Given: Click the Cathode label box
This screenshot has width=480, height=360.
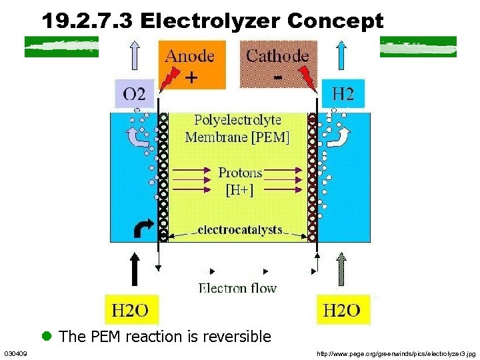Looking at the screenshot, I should (x=278, y=64).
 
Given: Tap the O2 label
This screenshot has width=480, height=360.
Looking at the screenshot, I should (x=138, y=94).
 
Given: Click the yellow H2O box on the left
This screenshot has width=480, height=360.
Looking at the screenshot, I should (x=131, y=309).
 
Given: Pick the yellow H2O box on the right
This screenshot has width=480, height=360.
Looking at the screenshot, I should (x=342, y=309).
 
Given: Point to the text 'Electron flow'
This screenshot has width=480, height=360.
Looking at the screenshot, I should (x=237, y=288).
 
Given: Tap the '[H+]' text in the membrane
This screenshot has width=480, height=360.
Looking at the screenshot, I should (x=239, y=189).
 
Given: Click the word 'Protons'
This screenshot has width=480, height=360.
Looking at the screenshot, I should (x=240, y=173).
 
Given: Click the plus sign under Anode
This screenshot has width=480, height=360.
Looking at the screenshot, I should (x=191, y=79).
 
